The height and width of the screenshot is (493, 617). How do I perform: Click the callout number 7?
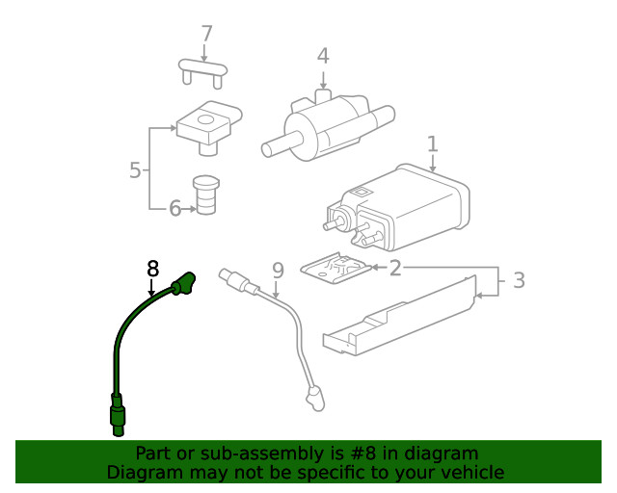pyautogui.click(x=206, y=35)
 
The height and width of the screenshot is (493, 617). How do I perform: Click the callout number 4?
pyautogui.click(x=323, y=56)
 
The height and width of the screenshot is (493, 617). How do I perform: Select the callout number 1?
pyautogui.click(x=433, y=144)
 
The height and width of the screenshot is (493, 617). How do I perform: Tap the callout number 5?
pyautogui.click(x=136, y=170)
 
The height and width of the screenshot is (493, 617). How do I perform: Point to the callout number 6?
pyautogui.click(x=174, y=208)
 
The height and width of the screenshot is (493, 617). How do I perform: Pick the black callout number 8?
pyautogui.click(x=152, y=269)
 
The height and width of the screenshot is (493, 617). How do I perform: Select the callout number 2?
pyautogui.click(x=395, y=267)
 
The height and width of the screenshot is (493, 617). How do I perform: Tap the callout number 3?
pyautogui.click(x=518, y=281)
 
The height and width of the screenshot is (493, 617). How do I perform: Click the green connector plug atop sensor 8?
pyautogui.click(x=183, y=284)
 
